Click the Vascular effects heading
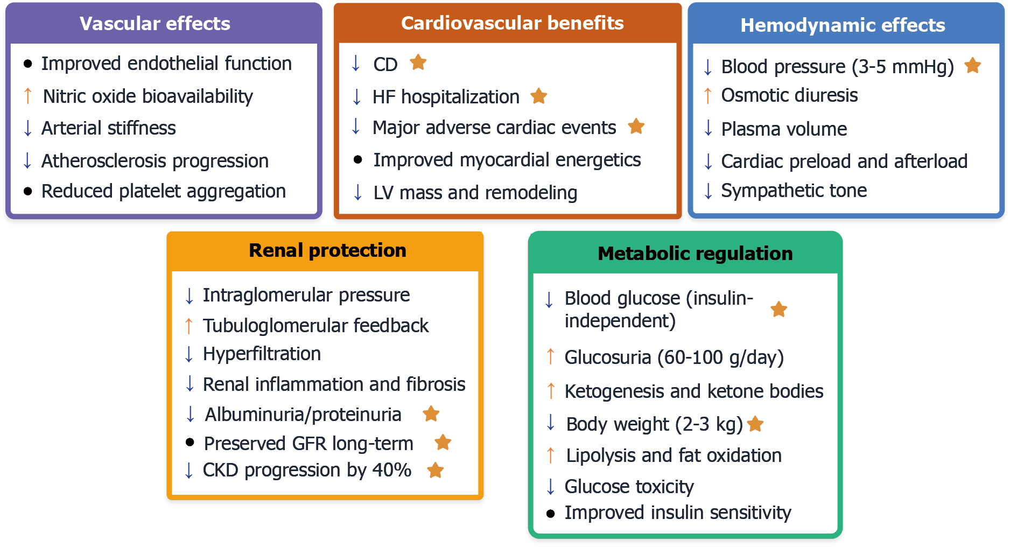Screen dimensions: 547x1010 155,24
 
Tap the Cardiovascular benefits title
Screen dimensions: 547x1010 512,23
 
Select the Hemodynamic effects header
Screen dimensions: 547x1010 843,25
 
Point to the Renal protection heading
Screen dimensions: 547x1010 327,250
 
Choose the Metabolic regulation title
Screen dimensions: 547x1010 695,254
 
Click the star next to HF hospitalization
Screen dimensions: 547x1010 538,96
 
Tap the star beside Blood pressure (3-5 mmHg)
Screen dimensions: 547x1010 972,66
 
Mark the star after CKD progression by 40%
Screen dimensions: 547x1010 435,470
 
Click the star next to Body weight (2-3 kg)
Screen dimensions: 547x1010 755,424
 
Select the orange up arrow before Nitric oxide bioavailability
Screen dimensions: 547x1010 28,96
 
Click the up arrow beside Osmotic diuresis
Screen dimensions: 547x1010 708,96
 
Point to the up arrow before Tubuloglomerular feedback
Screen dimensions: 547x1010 188,326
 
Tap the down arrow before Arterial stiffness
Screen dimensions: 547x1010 28,128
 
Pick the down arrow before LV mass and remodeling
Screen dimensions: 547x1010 357,192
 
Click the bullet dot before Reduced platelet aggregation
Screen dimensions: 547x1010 28,191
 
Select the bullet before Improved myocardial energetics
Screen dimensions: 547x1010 357,159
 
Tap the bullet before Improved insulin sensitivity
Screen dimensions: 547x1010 550,514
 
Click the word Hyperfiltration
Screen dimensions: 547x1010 262,354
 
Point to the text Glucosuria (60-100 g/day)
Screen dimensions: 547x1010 674,357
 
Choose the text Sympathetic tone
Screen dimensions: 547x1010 794,191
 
